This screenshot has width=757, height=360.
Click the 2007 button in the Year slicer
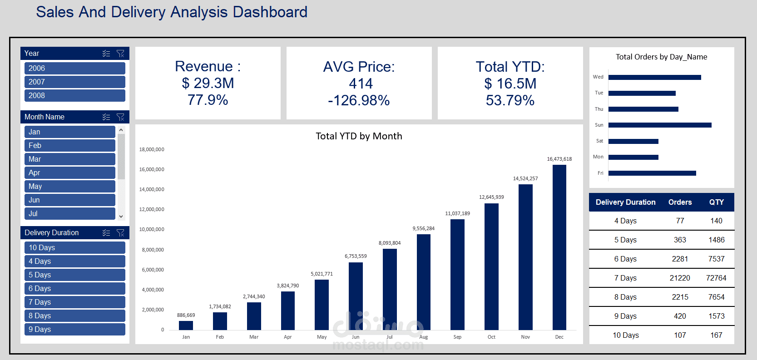click(74, 82)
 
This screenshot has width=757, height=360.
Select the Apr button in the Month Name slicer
click(69, 173)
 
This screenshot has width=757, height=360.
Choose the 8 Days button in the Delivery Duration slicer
click(74, 316)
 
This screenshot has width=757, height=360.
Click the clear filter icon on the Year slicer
click(120, 54)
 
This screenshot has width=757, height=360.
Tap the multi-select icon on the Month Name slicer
click(106, 117)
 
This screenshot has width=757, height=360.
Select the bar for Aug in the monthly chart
click(423, 281)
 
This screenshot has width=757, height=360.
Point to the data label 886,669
click(186, 315)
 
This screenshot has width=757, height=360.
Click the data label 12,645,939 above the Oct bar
click(491, 197)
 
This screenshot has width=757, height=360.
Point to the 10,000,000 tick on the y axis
click(152, 229)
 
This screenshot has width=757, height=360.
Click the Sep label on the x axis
click(457, 337)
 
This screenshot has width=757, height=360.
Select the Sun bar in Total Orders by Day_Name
click(659, 125)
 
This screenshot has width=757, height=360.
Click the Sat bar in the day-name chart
click(633, 141)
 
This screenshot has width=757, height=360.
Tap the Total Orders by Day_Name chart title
click(661, 57)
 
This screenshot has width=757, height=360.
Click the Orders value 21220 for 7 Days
click(680, 278)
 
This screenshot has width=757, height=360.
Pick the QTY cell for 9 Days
click(717, 316)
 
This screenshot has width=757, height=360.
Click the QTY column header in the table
click(717, 202)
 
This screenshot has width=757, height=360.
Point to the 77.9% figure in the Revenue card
click(208, 100)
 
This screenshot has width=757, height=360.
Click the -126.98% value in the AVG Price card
click(359, 100)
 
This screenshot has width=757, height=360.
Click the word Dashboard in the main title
click(270, 12)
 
